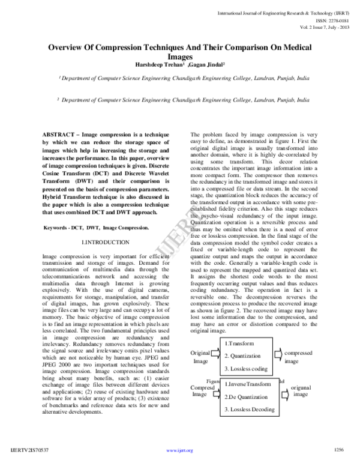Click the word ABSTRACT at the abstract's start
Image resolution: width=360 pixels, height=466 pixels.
pos(61,133)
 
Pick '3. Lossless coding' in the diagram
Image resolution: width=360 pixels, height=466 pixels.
pos(247,369)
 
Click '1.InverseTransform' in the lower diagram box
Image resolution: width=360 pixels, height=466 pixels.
pos(247,384)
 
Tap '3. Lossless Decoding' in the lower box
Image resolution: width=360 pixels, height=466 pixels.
pos(250,410)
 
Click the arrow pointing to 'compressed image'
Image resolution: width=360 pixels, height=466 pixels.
pos(280,356)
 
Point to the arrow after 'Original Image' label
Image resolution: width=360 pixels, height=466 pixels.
pos(215,356)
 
